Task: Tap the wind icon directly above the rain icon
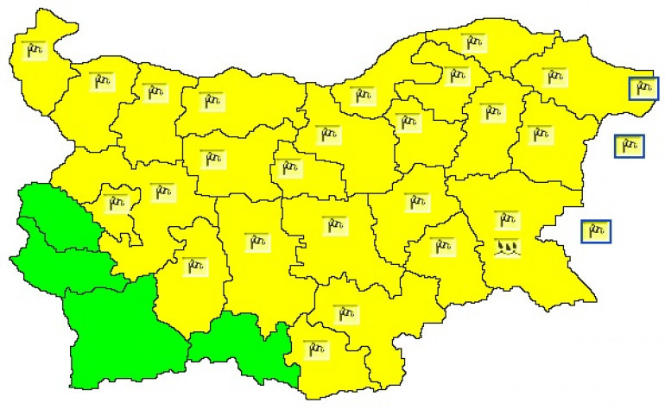tap(506, 220)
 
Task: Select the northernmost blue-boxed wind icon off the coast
tap(643, 88)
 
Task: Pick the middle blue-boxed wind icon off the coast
tap(629, 145)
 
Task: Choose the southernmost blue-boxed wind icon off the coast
tap(595, 230)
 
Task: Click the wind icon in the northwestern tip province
tap(35, 52)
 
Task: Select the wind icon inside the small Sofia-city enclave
tap(115, 204)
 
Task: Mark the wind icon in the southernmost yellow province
tap(316, 349)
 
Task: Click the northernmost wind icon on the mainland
tap(473, 43)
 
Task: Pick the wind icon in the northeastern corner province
tap(555, 77)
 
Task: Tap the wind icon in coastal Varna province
tap(540, 135)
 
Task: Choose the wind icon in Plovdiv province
tap(256, 242)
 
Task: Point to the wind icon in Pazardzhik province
tap(198, 263)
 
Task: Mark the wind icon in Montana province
tap(102, 82)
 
